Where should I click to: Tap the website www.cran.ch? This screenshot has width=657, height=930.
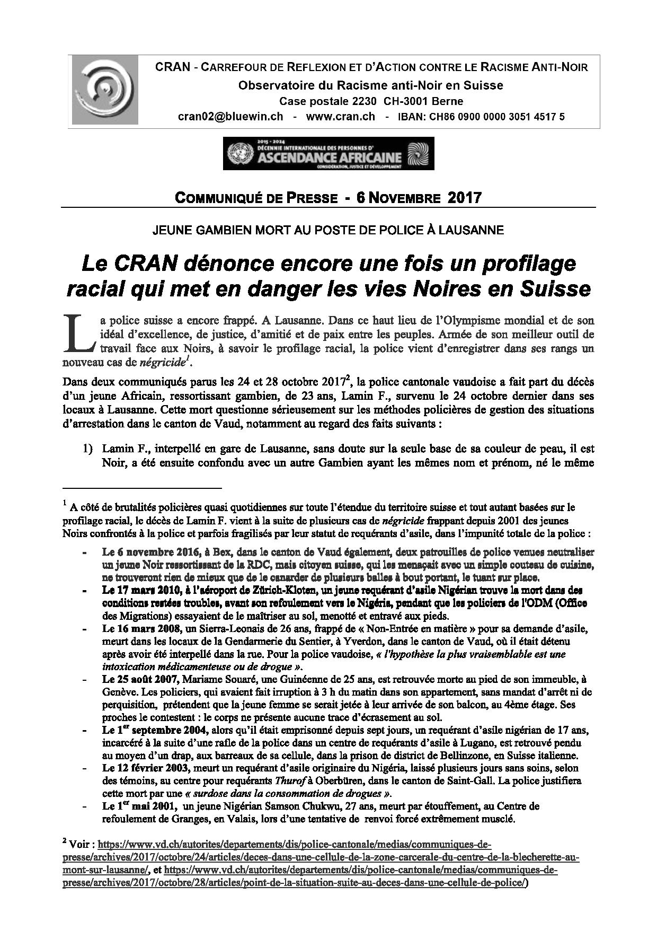(340, 117)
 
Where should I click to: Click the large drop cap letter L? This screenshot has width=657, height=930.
(78, 334)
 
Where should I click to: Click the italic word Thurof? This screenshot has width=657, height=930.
(289, 780)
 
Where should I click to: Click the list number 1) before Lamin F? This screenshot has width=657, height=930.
(87, 449)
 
